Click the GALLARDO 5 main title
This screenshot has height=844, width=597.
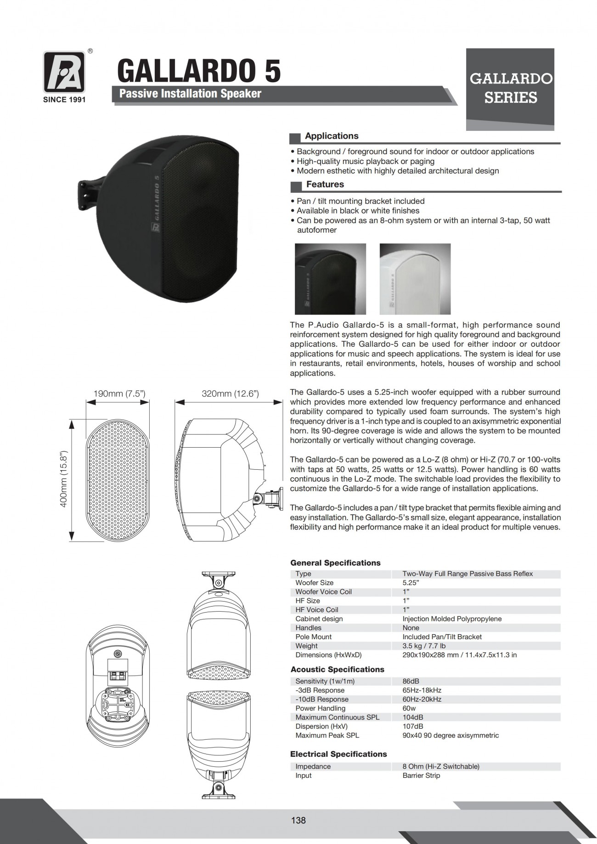coord(199,71)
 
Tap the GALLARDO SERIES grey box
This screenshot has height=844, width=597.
coord(510,89)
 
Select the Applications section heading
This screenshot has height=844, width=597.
coord(332,136)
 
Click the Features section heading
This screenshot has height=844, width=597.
coord(325,184)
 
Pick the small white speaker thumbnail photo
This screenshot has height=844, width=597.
coord(415,279)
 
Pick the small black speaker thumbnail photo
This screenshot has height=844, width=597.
coord(330,279)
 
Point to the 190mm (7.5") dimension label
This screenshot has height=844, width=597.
coord(119,394)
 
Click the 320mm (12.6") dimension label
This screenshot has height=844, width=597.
coord(230,394)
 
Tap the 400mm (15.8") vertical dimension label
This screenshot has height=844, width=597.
coord(64,478)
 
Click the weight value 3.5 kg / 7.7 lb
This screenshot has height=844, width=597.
coord(424,646)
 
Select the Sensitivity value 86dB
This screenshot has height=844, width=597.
coord(411,681)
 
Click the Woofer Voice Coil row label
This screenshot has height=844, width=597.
coord(323,592)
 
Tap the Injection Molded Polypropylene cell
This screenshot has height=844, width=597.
coord(452,619)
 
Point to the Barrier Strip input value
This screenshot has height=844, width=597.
coord(421,775)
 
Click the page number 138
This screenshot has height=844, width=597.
coord(298,820)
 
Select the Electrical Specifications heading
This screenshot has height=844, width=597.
coord(338,754)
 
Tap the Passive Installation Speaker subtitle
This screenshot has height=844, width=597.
coord(190,94)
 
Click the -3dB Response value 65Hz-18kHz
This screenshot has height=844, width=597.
coord(422,690)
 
